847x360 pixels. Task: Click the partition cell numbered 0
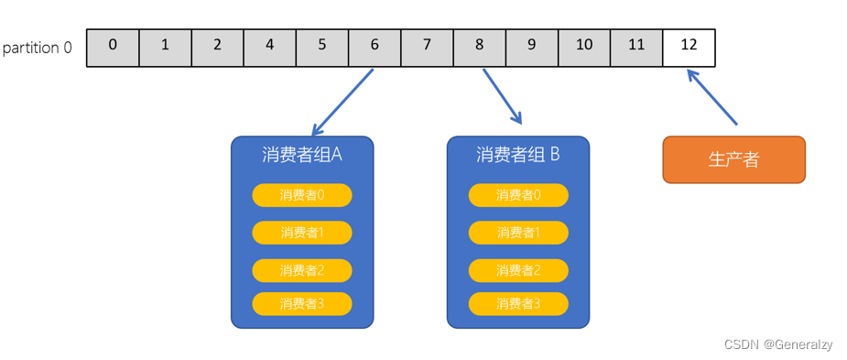pyautogui.click(x=113, y=48)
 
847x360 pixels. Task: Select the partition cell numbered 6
pyautogui.click(x=375, y=48)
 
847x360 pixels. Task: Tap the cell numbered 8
pyautogui.click(x=479, y=48)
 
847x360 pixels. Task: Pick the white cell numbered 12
pyautogui.click(x=689, y=48)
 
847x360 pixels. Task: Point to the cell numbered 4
pyautogui.click(x=269, y=48)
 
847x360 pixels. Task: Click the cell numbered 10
pyautogui.click(x=584, y=48)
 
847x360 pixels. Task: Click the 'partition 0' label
pyautogui.click(x=38, y=48)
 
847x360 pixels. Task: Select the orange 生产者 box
pyautogui.click(x=733, y=159)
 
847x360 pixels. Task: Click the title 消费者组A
pyautogui.click(x=302, y=155)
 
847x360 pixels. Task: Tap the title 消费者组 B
pyautogui.click(x=518, y=155)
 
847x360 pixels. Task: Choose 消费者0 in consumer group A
pyautogui.click(x=302, y=195)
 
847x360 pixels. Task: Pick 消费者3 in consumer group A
pyautogui.click(x=302, y=303)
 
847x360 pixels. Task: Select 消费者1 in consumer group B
pyautogui.click(x=518, y=233)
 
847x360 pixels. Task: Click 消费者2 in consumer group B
pyautogui.click(x=518, y=270)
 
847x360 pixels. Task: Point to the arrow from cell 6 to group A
pyautogui.click(x=343, y=102)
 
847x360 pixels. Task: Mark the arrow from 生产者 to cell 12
pyautogui.click(x=712, y=99)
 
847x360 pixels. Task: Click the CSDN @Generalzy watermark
pyautogui.click(x=778, y=344)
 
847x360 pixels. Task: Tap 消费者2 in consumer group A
pyautogui.click(x=302, y=270)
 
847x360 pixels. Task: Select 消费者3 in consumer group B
pyautogui.click(x=518, y=303)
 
